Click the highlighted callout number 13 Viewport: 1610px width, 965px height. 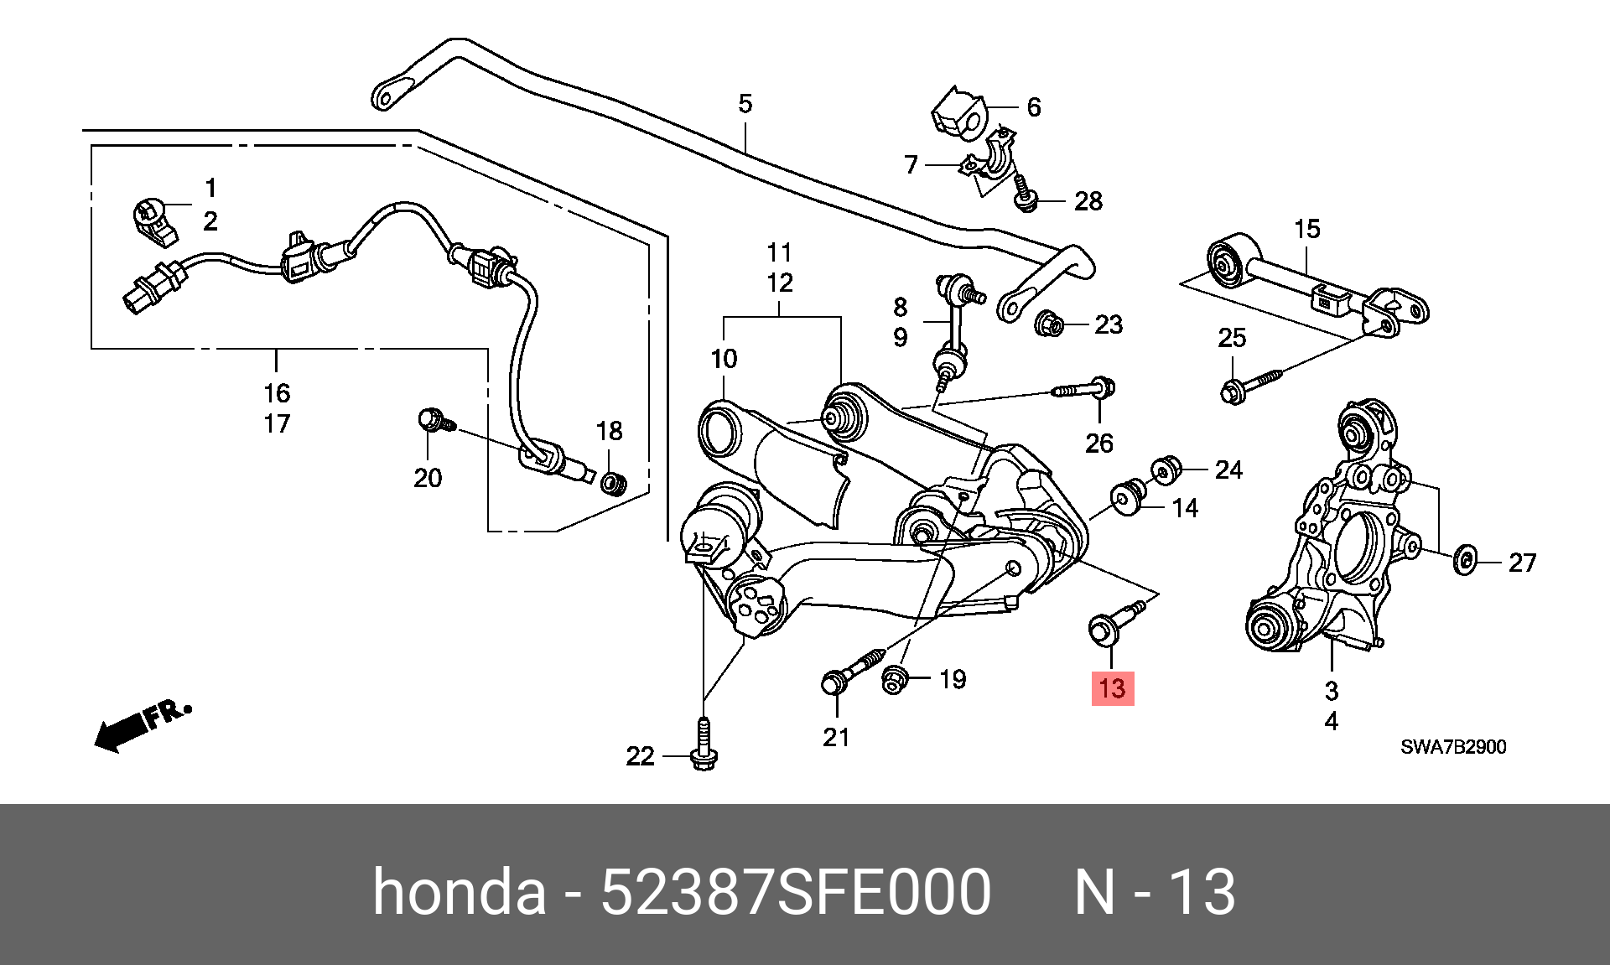(x=1112, y=688)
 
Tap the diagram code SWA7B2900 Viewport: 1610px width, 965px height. (x=1453, y=746)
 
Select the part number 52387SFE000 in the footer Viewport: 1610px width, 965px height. (x=796, y=891)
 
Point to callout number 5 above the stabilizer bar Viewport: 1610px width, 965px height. (x=745, y=104)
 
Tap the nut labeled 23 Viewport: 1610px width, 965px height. (x=1050, y=323)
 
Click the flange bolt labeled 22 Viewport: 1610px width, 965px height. (x=704, y=744)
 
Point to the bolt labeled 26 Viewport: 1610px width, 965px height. (x=1083, y=389)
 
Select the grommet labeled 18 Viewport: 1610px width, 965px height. (x=614, y=483)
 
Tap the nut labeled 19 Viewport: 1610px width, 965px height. (x=894, y=679)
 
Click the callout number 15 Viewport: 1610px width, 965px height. (x=1306, y=228)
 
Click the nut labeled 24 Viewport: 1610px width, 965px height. (x=1164, y=470)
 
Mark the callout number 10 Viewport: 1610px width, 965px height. (x=724, y=359)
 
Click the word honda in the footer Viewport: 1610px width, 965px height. (x=459, y=891)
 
